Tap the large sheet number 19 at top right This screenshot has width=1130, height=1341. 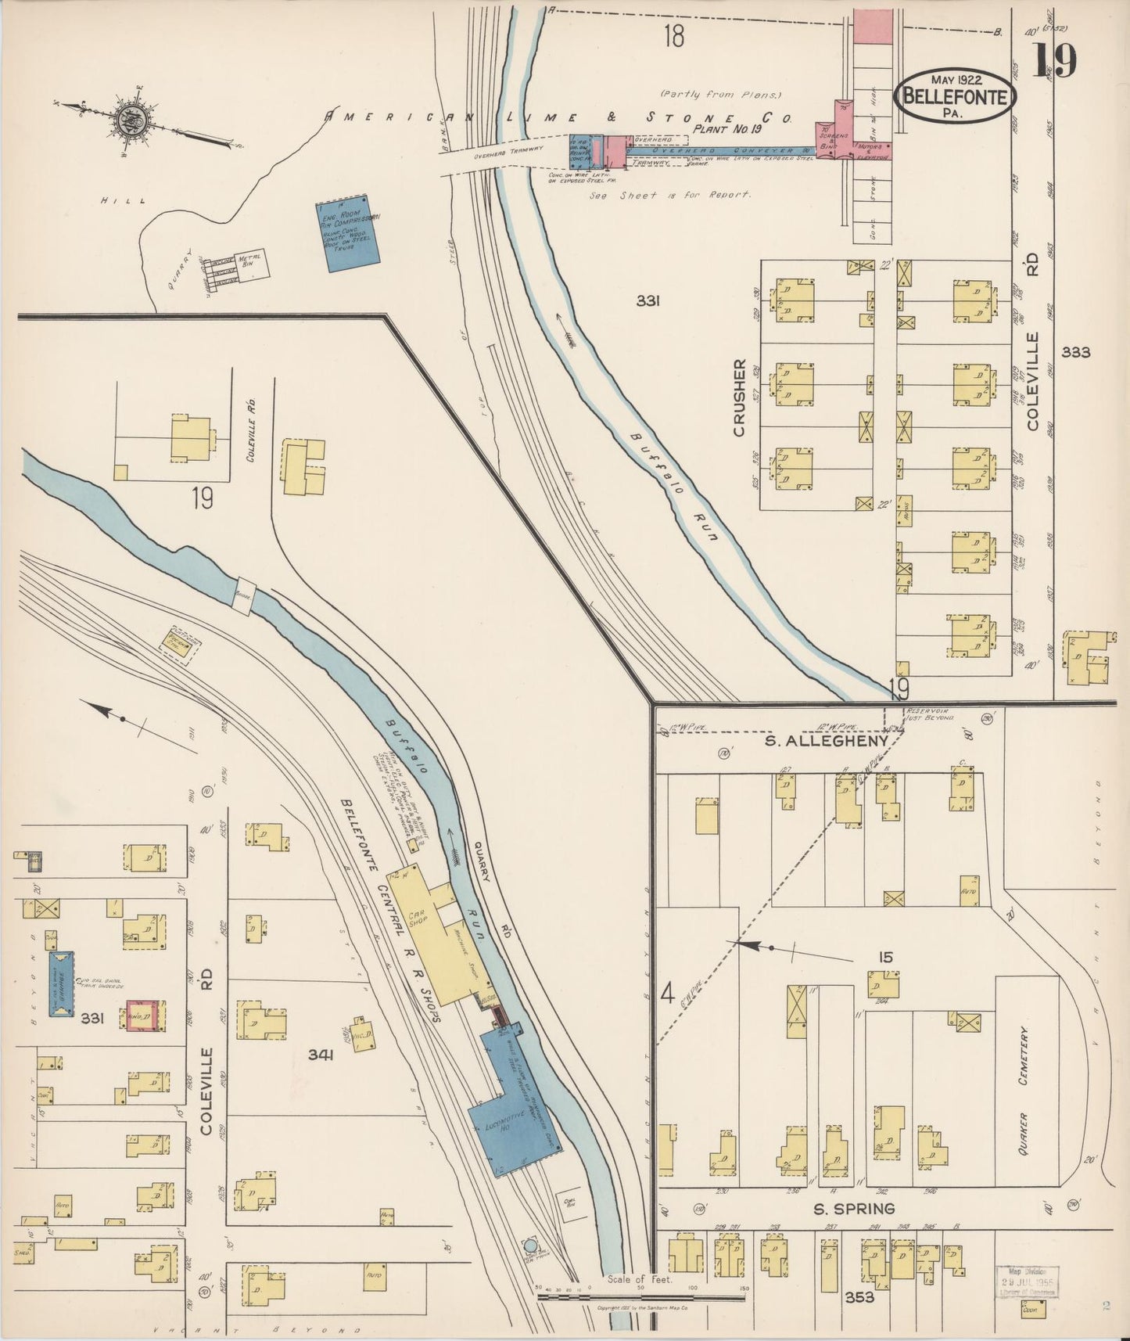click(1056, 60)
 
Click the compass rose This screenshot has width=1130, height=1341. click(127, 120)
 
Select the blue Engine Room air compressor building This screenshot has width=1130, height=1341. click(348, 233)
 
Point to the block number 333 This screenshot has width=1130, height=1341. click(1075, 352)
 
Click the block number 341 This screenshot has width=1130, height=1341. click(321, 1055)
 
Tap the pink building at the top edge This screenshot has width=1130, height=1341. click(872, 27)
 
